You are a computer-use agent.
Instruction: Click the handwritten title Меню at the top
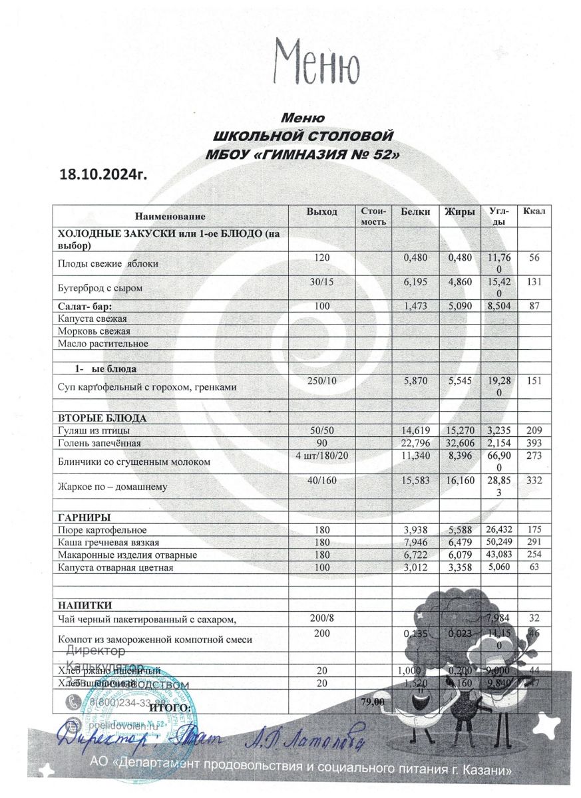click(318, 62)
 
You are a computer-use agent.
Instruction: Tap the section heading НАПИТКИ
click(85, 605)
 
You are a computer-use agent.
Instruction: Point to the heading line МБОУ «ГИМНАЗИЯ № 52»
click(304, 154)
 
